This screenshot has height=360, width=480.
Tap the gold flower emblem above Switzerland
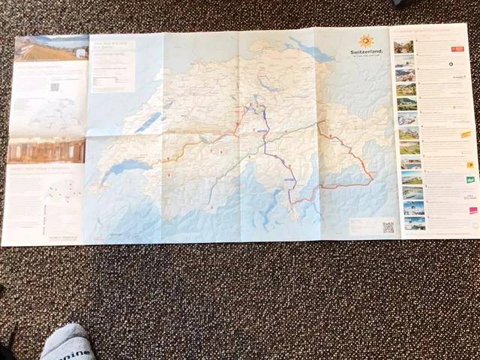(365, 40)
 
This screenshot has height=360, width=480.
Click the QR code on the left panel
(54, 86)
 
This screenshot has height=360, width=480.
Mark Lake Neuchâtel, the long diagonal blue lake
(148, 121)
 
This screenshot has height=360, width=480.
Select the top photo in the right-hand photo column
(403, 46)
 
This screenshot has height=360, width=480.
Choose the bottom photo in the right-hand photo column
(414, 223)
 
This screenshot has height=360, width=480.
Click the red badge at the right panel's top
(457, 49)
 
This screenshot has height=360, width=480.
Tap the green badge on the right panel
(470, 180)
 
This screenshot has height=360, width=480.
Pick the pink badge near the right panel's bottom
(472, 210)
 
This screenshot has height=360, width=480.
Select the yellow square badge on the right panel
(469, 163)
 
